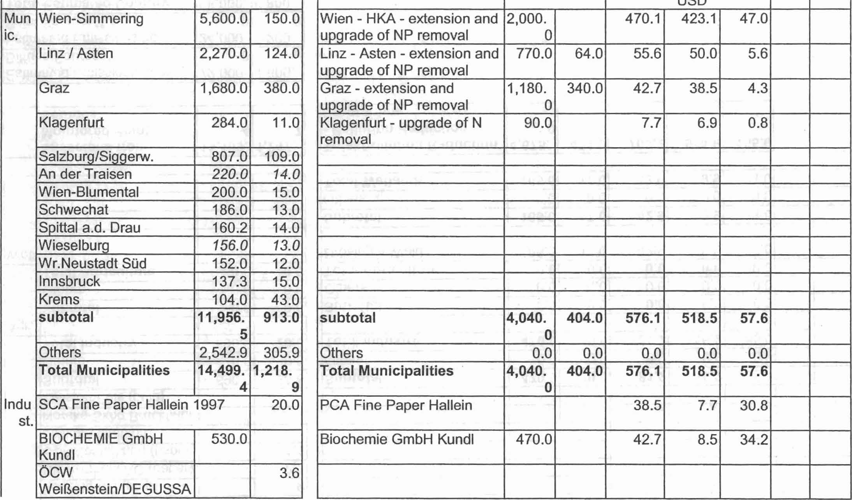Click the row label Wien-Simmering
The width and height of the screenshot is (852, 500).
click(91, 19)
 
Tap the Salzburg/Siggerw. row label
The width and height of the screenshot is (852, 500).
click(96, 157)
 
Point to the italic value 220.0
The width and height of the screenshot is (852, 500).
click(230, 174)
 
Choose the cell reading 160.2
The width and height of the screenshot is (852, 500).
click(230, 228)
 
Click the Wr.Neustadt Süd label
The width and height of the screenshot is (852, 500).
click(93, 264)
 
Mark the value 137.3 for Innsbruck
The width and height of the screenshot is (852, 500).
click(230, 282)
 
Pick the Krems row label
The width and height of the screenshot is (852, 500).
click(59, 299)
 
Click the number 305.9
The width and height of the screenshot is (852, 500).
click(282, 353)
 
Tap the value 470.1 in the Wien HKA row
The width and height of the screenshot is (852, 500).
click(643, 19)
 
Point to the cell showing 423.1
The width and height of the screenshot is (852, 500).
click(699, 19)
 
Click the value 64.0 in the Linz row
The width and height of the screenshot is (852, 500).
click(589, 53)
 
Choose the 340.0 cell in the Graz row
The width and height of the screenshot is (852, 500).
click(585, 88)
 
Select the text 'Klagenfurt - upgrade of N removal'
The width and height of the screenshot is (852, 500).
click(401, 131)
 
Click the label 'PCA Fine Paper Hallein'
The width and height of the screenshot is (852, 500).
click(396, 405)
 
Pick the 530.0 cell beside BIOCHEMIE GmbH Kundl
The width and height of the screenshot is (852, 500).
click(229, 439)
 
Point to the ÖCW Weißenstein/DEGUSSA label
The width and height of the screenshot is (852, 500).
click(115, 481)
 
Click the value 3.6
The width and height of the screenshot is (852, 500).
click(289, 473)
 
